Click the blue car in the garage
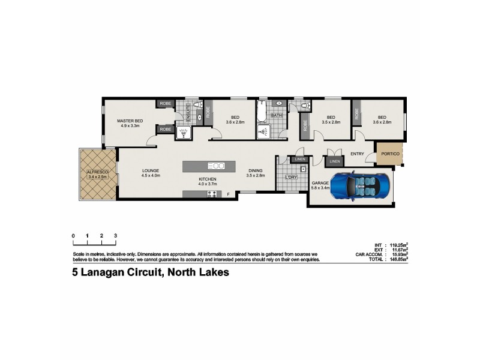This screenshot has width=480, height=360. click(x=360, y=187)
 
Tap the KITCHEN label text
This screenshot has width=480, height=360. click(x=208, y=179)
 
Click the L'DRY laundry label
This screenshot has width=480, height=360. click(x=292, y=178)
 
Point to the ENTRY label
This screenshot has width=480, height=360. click(x=358, y=154)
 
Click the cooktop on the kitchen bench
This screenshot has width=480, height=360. click(x=212, y=194)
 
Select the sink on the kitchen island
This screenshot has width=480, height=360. click(x=216, y=166)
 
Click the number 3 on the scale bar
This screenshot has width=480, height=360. click(x=115, y=236)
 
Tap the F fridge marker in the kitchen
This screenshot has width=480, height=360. click(x=228, y=194)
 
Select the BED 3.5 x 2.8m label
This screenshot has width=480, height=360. click(x=331, y=119)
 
